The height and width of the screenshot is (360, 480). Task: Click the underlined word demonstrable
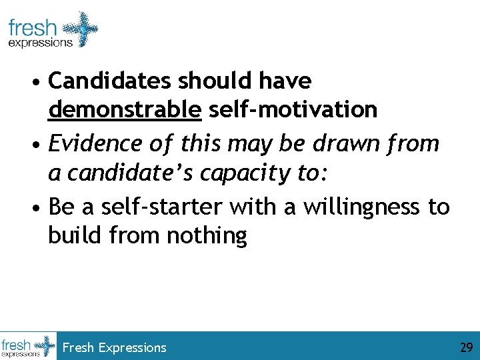(125, 109)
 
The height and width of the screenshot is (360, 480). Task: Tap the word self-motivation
(293, 109)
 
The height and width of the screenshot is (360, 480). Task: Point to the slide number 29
(465, 347)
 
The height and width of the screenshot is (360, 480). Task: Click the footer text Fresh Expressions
(114, 347)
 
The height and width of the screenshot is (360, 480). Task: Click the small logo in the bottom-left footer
(28, 346)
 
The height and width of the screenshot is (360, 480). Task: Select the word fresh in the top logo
(33, 29)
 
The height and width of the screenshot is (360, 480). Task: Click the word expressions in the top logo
(40, 43)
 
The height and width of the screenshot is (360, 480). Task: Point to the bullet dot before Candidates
(39, 83)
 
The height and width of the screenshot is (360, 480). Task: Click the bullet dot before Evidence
(39, 145)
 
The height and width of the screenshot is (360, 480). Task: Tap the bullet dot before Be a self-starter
(39, 208)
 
